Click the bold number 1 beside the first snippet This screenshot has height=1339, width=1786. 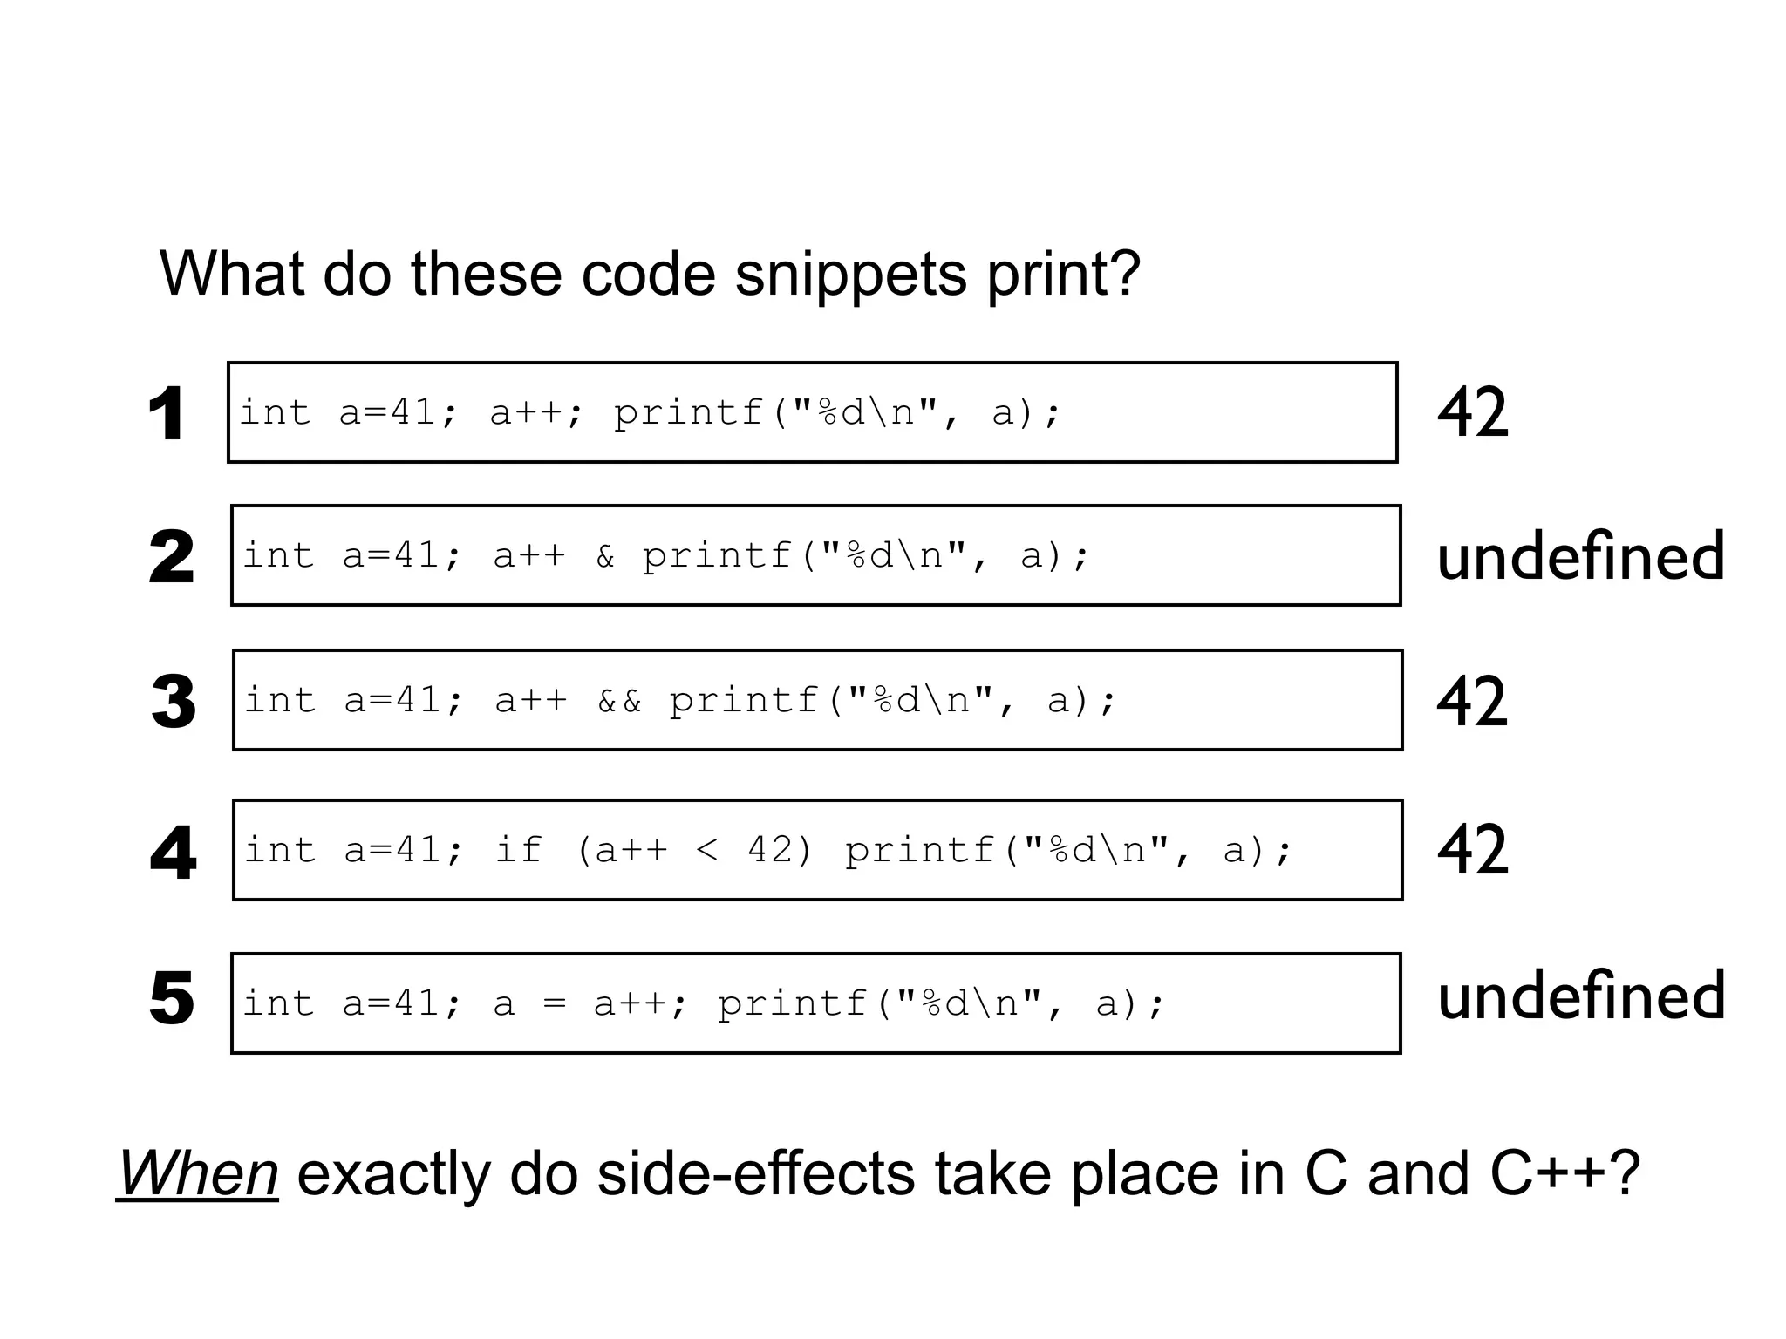click(166, 414)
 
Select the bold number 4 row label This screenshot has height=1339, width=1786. click(173, 852)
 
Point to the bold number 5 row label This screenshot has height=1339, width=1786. click(171, 998)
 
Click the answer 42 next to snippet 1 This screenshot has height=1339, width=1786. click(1472, 412)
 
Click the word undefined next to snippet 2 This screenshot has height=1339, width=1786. click(1580, 556)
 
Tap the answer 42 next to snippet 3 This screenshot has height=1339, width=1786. click(1472, 701)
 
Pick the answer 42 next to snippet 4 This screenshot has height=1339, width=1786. click(1472, 850)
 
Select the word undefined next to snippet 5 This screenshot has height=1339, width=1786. click(1580, 996)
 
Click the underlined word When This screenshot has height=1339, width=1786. click(198, 1173)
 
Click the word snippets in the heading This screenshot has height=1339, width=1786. click(851, 275)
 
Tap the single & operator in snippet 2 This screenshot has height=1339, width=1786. click(605, 556)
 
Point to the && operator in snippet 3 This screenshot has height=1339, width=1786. click(619, 701)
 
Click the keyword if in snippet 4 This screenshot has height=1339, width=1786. click(519, 850)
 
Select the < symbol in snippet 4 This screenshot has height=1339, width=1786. click(707, 850)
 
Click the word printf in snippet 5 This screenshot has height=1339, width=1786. click(791, 1004)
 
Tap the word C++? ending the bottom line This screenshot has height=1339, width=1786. click(1565, 1173)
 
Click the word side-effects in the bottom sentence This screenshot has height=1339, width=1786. click(767, 1173)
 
